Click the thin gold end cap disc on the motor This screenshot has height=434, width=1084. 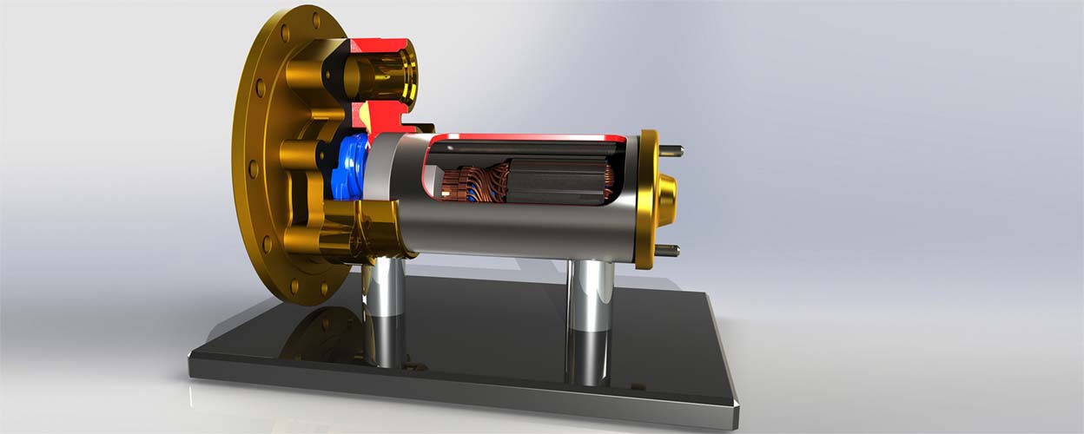[646, 200]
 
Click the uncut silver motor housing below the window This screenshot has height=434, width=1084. [521, 234]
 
